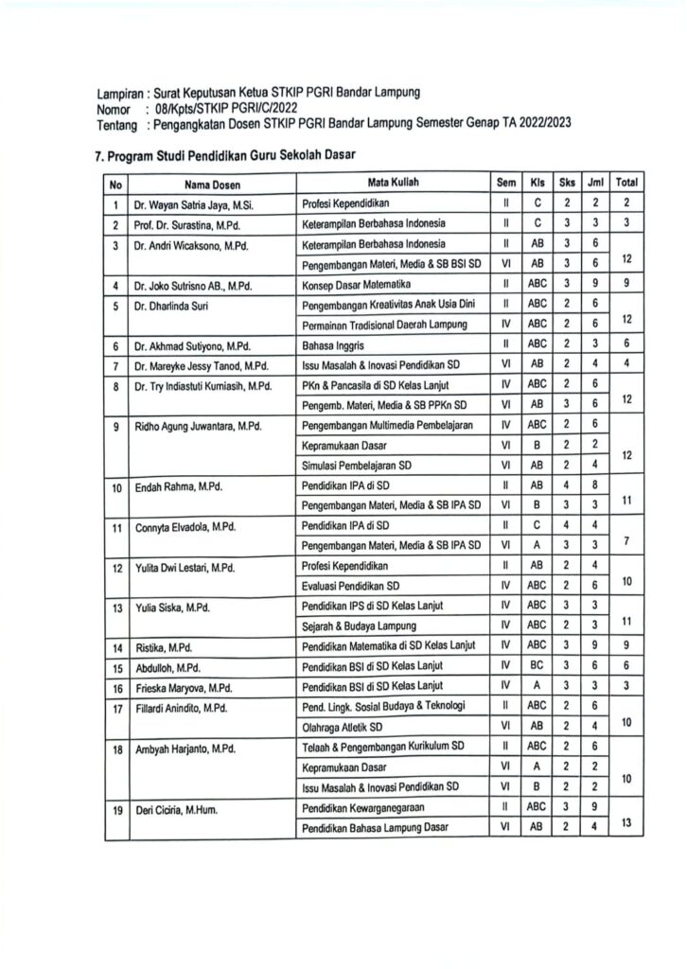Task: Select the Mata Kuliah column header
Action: coord(395,181)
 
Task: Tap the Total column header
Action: coord(626,182)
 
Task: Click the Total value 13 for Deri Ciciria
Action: coord(625,821)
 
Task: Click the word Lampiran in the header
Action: coord(119,96)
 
